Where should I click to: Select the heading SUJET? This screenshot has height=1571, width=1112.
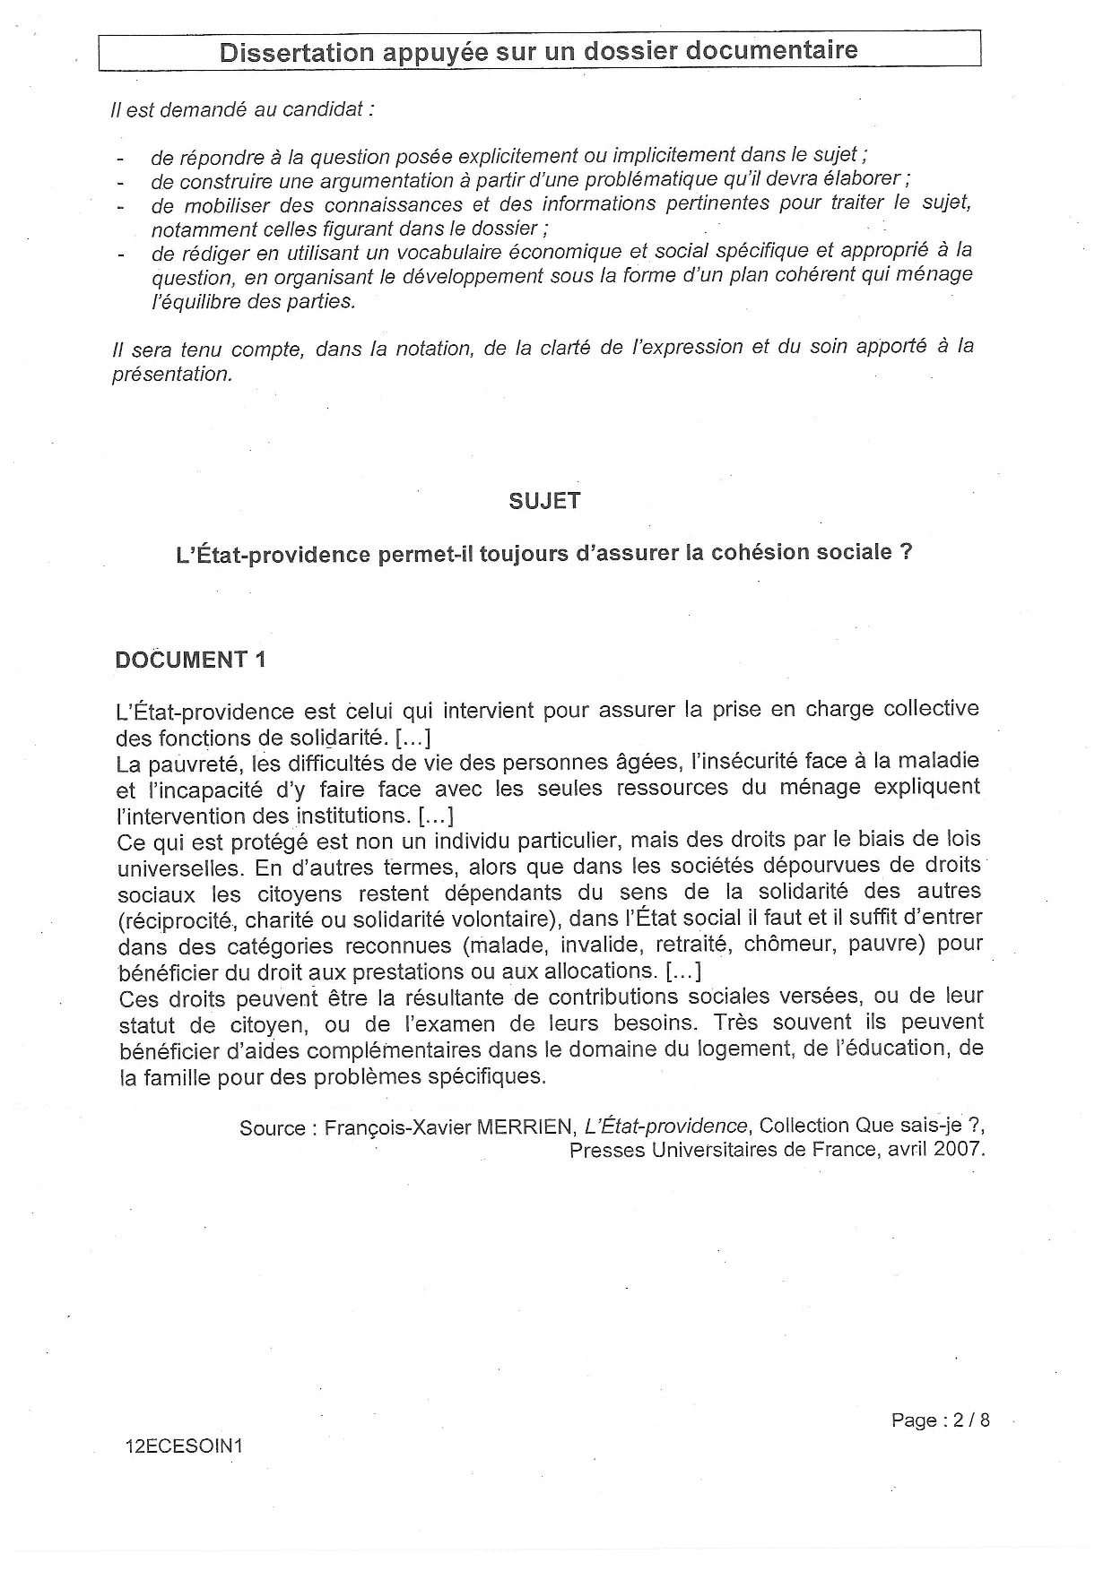click(544, 501)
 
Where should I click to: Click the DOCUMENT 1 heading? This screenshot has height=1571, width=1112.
click(191, 660)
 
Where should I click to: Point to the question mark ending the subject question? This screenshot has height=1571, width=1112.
click(906, 552)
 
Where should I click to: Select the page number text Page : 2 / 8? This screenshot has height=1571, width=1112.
click(941, 1420)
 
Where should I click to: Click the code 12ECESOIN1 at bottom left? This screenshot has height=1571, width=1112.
click(186, 1447)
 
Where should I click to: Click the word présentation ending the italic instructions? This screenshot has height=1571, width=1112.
click(171, 375)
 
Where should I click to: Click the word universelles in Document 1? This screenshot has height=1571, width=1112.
click(180, 868)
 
